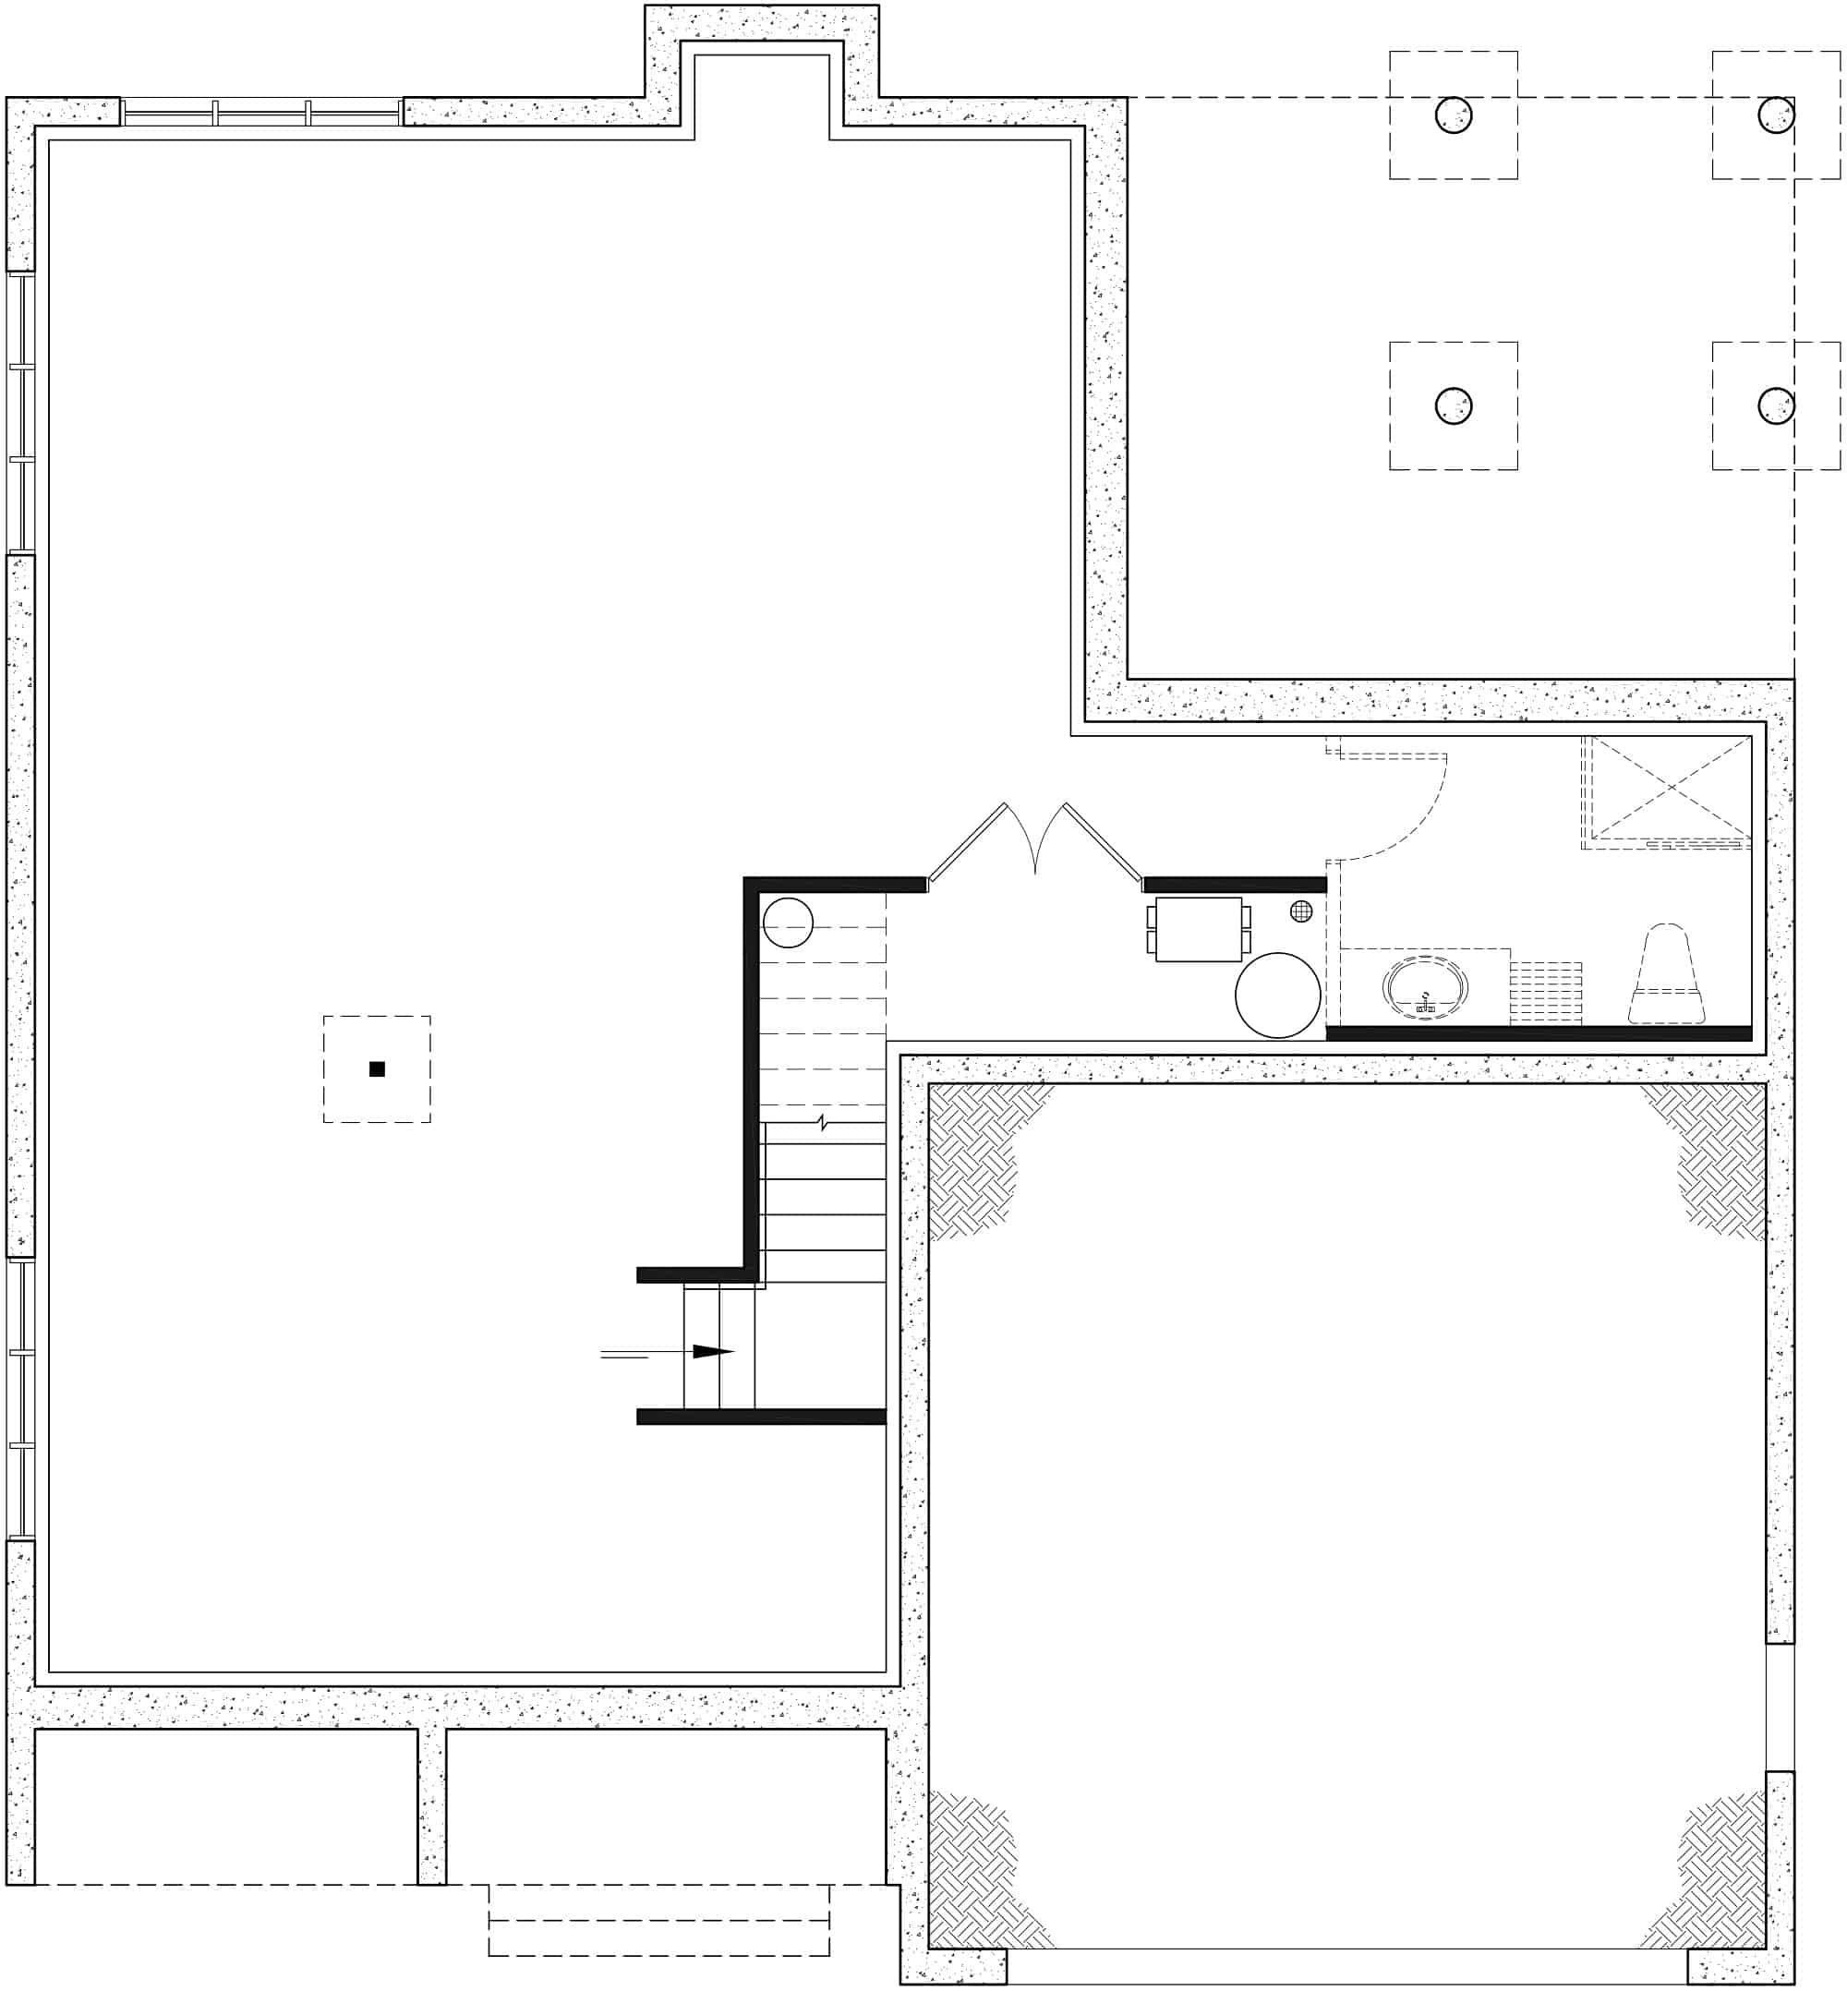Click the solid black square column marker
[377, 1068]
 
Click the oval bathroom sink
[1425, 988]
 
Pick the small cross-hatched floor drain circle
[1300, 911]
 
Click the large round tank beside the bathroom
[1277, 995]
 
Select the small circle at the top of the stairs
[788, 922]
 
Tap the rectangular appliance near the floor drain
[1199, 928]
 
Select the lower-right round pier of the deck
[1775, 405]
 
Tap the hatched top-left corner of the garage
[974, 1150]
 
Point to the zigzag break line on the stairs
[823, 1122]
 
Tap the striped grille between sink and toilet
[1545, 992]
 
